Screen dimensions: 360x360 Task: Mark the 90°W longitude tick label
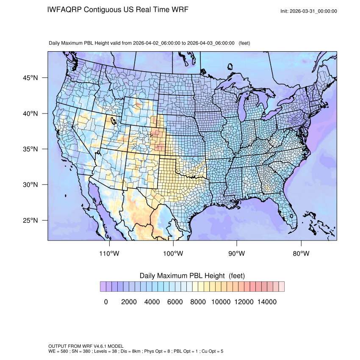[x=237, y=254]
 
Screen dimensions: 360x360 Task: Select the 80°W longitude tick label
[x=301, y=254]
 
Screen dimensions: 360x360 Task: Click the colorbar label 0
[x=106, y=302]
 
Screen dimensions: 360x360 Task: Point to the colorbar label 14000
[x=267, y=302]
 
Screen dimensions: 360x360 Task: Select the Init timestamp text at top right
[x=309, y=11]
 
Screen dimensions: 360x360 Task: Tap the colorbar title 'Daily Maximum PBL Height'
[x=183, y=276]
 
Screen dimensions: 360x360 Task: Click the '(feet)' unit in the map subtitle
[x=244, y=43]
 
